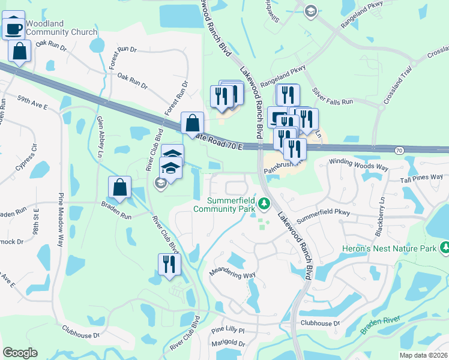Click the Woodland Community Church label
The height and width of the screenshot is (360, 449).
[x=53, y=28]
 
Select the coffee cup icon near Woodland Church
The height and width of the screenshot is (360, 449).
[x=13, y=28]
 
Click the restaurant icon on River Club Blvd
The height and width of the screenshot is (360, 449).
[x=169, y=264]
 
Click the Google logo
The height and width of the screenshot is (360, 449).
[x=20, y=353]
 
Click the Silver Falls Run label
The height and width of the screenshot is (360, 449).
[x=332, y=98]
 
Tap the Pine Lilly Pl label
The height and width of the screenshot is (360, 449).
[x=229, y=330]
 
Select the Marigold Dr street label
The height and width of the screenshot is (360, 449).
[x=229, y=344]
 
